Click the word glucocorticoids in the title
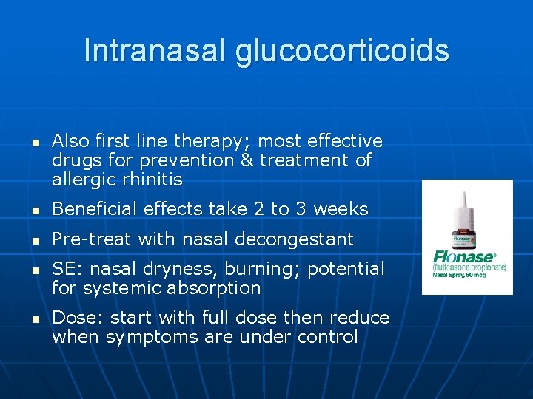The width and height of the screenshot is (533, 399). point(343,51)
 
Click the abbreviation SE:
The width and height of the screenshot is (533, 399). point(64,269)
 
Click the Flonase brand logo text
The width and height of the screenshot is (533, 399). point(465,259)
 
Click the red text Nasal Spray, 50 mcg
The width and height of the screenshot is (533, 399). point(466,275)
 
